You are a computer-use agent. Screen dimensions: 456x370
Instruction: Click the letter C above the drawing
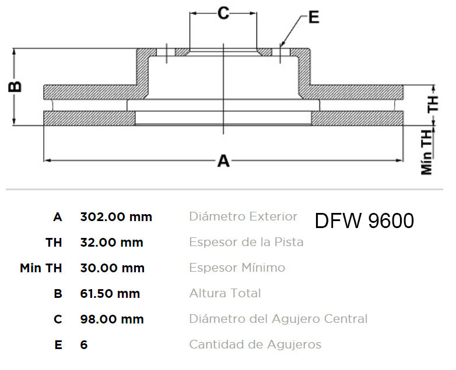coord(223,13)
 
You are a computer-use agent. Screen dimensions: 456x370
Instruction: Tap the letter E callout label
coord(314,17)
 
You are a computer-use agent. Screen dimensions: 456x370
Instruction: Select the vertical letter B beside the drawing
coord(15,87)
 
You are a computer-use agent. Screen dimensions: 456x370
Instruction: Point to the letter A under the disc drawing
coord(223,161)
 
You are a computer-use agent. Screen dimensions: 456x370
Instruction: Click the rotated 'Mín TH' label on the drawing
coord(427,152)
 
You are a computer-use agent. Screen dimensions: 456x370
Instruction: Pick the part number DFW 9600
coord(364,221)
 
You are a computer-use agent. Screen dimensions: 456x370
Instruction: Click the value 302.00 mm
coord(116,217)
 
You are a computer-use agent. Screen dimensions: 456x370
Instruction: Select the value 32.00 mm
coord(112,243)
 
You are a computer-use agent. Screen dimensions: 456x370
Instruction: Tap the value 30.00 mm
coord(113,268)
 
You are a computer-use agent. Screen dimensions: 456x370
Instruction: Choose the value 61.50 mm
coord(110,293)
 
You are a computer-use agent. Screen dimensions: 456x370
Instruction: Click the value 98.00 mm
coord(112,319)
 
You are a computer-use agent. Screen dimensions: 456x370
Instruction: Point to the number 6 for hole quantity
coord(84,345)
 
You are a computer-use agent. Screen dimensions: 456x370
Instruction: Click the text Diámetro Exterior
coord(243,216)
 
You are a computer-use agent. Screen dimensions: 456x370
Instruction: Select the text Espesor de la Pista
coord(246,242)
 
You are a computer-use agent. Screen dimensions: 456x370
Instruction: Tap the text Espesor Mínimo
coord(237,268)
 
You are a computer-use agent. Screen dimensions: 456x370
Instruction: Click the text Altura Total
coord(225,293)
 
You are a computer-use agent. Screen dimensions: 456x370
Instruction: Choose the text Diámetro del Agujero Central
coord(278,319)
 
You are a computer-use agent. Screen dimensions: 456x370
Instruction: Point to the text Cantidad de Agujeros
coord(255,344)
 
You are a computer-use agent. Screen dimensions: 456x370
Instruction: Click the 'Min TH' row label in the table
coord(41,268)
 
